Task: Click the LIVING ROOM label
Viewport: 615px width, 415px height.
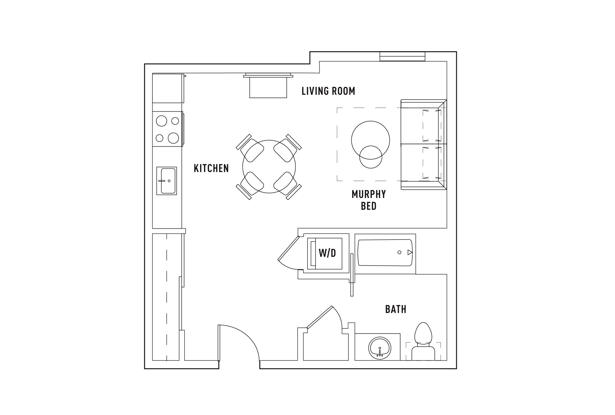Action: (x=328, y=91)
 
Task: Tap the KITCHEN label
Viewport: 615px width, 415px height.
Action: (x=211, y=168)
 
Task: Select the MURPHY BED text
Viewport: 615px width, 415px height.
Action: (x=369, y=200)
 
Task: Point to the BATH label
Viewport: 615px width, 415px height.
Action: (x=395, y=309)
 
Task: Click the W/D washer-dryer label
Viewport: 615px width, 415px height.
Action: (x=327, y=253)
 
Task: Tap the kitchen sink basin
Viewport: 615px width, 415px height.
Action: (x=168, y=181)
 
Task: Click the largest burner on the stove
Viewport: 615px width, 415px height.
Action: (x=173, y=138)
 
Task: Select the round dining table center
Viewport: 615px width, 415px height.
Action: (x=269, y=167)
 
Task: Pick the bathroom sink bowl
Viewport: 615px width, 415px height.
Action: (x=380, y=348)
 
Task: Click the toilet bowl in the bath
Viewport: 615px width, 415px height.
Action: (x=423, y=333)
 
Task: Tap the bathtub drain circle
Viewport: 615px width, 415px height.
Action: (x=400, y=253)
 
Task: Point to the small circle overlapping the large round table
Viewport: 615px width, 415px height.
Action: (x=371, y=157)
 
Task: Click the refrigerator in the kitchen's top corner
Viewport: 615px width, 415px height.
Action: (x=168, y=88)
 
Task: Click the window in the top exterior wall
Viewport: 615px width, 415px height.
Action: (x=402, y=56)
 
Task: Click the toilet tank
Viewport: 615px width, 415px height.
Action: (x=423, y=353)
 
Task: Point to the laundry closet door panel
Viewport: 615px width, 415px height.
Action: (x=288, y=248)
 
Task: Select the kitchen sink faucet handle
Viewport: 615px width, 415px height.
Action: (x=162, y=181)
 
